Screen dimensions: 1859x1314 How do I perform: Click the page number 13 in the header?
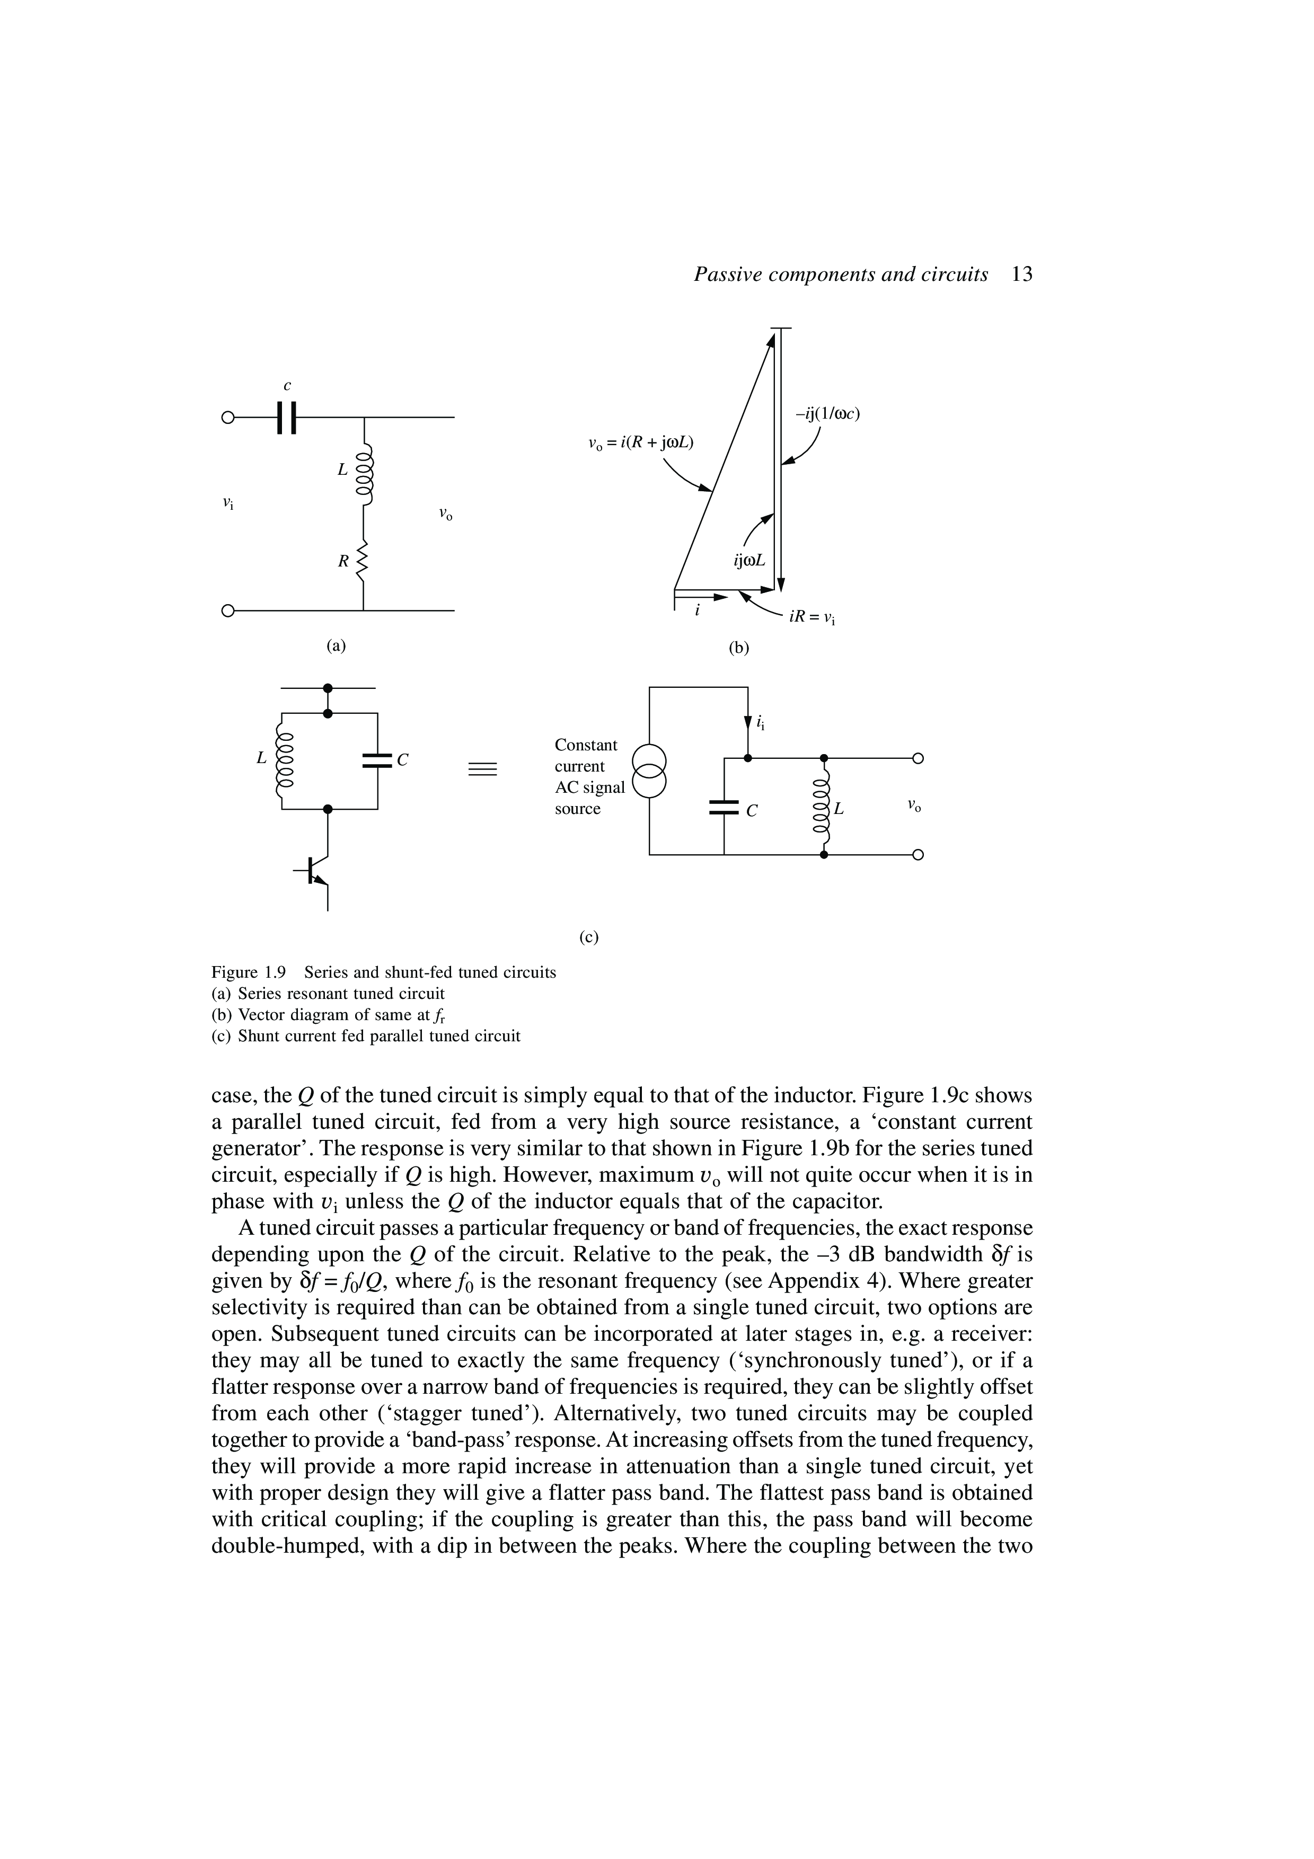click(1022, 275)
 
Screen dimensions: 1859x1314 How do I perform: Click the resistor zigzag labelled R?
click(364, 560)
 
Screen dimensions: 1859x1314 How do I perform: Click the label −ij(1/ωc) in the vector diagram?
click(826, 414)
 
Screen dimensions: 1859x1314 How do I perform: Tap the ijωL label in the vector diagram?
click(749, 560)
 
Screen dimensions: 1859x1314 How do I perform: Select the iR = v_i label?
click(812, 618)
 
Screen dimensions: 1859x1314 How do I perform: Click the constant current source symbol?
click(649, 770)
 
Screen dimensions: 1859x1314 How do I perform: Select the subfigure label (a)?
click(335, 645)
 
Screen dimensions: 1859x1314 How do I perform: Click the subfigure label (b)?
click(738, 647)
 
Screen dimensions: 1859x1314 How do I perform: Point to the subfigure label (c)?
click(588, 937)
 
